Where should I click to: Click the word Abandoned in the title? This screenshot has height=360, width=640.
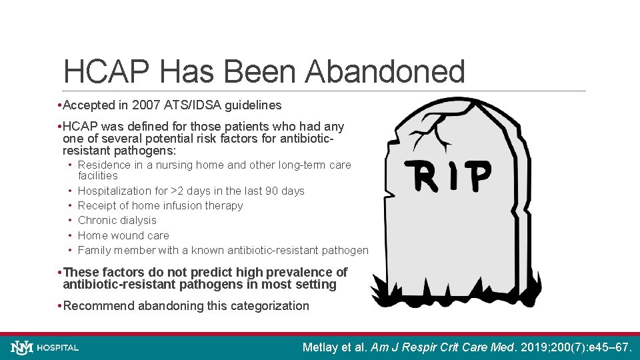[385, 72]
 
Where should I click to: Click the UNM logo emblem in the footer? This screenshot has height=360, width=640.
[21, 347]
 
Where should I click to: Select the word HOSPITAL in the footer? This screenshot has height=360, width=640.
[58, 347]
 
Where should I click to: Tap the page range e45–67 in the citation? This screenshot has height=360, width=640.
[609, 347]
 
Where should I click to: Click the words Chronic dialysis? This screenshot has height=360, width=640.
[117, 220]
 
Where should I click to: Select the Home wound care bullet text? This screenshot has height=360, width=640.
[123, 235]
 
